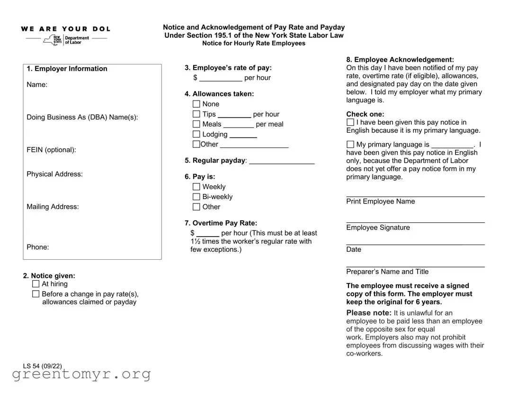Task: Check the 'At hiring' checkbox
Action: pos(36,284)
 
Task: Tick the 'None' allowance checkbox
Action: pos(196,104)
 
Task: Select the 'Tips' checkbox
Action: pos(196,114)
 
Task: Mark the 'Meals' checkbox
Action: pos(196,124)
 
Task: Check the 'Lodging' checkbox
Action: pos(196,134)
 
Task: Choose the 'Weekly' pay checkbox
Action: pos(196,187)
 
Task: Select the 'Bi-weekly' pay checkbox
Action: pos(196,197)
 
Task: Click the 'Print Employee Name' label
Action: pos(380,201)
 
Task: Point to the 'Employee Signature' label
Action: pos(378,228)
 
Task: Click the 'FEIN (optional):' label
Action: pos(51,150)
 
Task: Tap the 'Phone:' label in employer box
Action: pos(37,247)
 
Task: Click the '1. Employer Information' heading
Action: pos(67,69)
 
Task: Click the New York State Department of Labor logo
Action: pos(66,39)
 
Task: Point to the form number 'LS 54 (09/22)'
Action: pos(42,366)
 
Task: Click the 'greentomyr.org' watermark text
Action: pos(81,375)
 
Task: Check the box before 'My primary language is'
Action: pos(350,145)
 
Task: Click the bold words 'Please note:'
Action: pos(369,313)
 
